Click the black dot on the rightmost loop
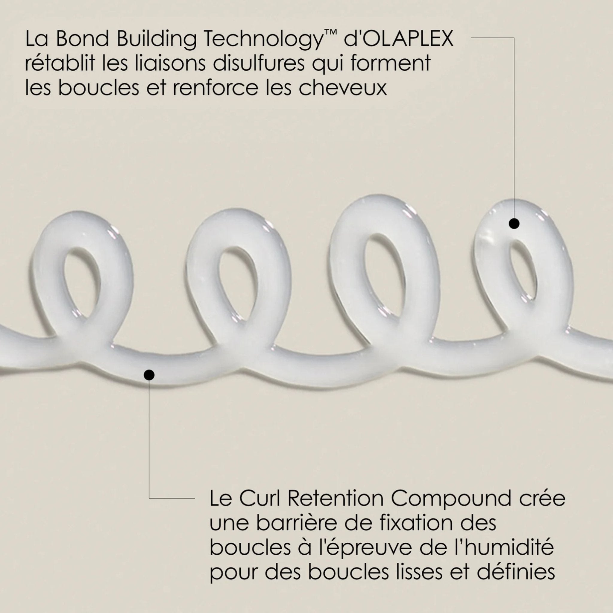[514, 224]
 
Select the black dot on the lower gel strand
[149, 375]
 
